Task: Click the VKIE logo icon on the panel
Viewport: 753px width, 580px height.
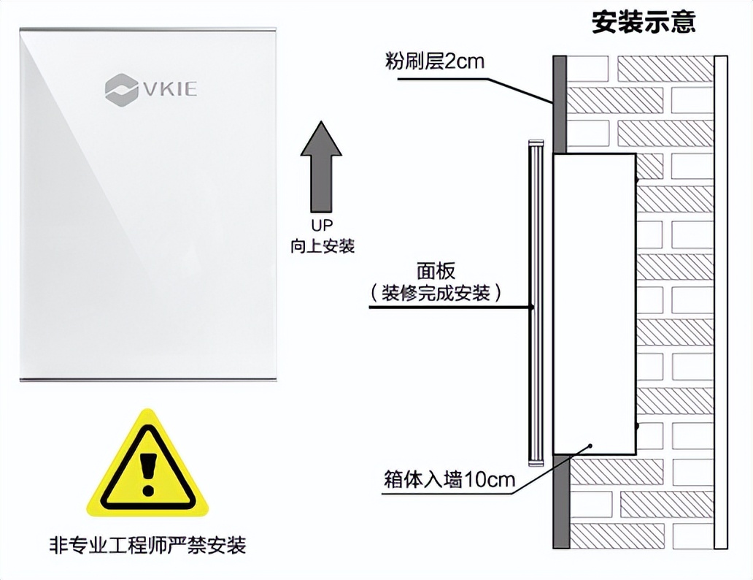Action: click(x=120, y=88)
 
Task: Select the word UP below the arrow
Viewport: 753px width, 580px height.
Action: click(x=322, y=226)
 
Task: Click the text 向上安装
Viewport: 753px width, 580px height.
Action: click(x=322, y=246)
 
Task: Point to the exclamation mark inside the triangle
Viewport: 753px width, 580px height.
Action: click(x=148, y=471)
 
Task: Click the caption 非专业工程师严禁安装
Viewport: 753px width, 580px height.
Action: click(x=147, y=545)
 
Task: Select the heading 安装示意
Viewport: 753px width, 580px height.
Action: click(x=644, y=23)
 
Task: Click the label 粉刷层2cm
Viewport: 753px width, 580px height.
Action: click(x=435, y=61)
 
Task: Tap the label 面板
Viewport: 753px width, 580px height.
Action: click(x=436, y=271)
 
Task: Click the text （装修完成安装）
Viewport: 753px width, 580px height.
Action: click(x=436, y=293)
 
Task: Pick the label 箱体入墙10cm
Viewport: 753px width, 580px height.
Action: click(x=449, y=480)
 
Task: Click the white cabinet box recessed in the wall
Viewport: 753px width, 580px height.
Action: click(x=593, y=303)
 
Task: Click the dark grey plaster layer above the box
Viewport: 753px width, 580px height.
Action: click(x=560, y=102)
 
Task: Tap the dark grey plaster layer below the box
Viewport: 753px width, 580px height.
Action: click(x=560, y=504)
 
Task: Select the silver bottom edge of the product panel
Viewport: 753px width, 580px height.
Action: click(x=149, y=379)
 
